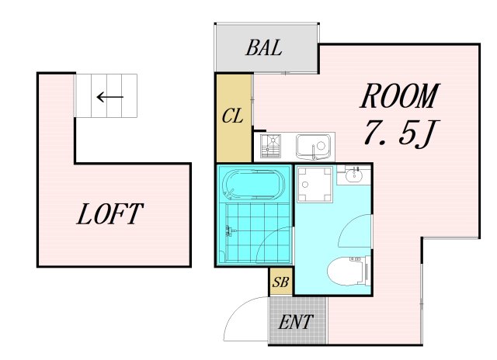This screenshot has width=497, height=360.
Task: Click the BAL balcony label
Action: click(264, 48)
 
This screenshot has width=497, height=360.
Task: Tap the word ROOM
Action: click(400, 95)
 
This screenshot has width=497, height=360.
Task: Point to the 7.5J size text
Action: click(399, 133)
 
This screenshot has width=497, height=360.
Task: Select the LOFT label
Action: click(110, 214)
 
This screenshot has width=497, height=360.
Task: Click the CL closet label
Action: click(233, 116)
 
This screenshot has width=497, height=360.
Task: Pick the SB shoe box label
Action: click(280, 282)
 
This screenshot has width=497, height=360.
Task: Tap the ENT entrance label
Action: click(296, 322)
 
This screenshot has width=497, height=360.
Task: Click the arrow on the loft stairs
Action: click(109, 97)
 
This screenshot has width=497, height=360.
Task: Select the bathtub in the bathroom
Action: click(254, 185)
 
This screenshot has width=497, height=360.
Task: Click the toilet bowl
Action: click(346, 272)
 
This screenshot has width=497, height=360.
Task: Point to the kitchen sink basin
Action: click(314, 147)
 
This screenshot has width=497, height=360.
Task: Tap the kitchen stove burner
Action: click(270, 146)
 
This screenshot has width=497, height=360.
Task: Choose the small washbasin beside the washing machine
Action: click(354, 175)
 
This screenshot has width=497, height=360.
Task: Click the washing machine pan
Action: click(315, 185)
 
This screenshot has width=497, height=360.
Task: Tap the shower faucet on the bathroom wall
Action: click(230, 231)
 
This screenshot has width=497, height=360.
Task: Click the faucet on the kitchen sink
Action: click(314, 152)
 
